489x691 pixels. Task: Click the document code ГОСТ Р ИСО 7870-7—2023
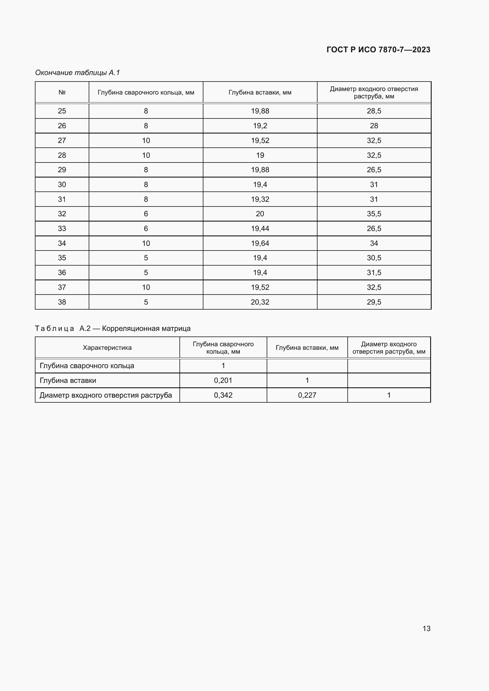tap(378, 50)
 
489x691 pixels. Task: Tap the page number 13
tap(426, 628)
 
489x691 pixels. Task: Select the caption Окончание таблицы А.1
tap(77, 73)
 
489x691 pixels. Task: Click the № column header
tap(62, 92)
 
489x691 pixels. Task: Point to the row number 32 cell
tap(62, 214)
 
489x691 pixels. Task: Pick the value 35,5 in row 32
tap(374, 214)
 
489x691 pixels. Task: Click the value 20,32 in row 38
tap(260, 302)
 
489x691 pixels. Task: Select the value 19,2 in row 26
tap(260, 126)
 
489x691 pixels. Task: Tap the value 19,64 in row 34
tap(260, 243)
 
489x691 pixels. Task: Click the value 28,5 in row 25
tap(374, 111)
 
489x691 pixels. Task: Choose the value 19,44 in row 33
tap(260, 229)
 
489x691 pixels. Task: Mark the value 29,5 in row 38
tap(374, 302)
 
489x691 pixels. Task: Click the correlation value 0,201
tap(223, 381)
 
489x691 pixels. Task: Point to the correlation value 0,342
tap(223, 395)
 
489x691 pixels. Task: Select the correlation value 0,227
tap(307, 395)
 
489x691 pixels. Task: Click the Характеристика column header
tap(107, 348)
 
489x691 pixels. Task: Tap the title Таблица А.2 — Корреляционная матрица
tap(113, 328)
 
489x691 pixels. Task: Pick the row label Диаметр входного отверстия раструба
tap(106, 395)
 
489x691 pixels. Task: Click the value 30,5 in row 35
tap(374, 258)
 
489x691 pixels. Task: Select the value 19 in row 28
tap(260, 155)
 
